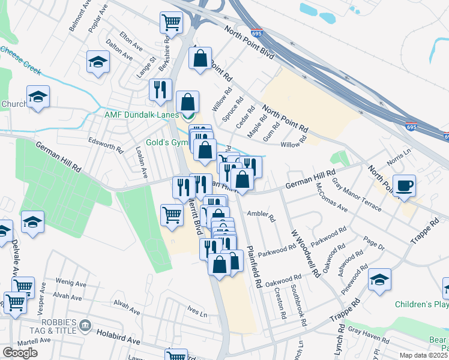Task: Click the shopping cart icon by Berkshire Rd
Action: pos(171,23)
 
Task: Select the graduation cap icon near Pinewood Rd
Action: pos(379,280)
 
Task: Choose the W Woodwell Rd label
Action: pos(304,253)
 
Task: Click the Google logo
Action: pos(20,353)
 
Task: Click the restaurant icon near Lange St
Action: pos(160,89)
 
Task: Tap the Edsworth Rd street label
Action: pos(106,146)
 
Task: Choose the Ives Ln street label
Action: pos(197,313)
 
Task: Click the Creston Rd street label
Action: pos(280,304)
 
